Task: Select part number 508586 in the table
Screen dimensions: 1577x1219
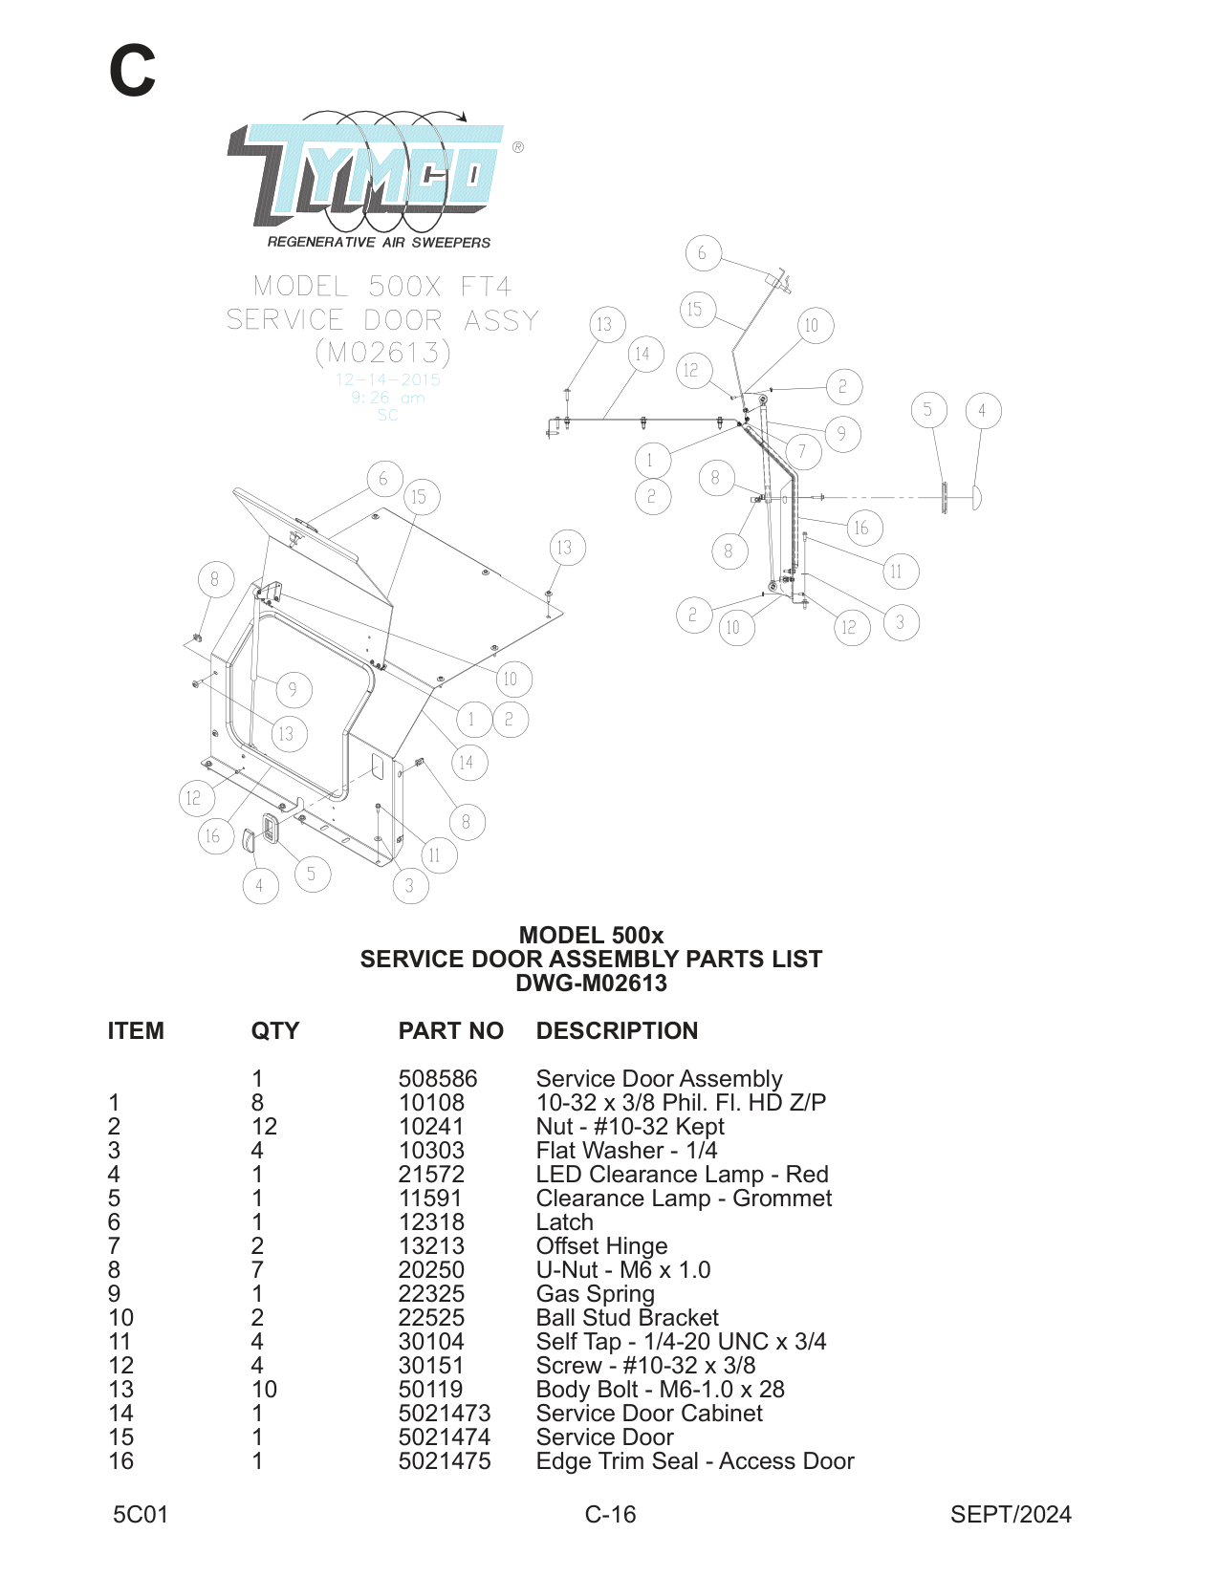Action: click(x=437, y=1079)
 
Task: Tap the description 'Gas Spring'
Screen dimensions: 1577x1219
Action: click(x=595, y=1294)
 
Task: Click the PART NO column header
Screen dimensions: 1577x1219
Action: click(x=450, y=1031)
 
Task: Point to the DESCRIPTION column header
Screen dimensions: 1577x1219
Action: click(x=617, y=1031)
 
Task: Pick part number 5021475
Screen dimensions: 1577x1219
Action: click(x=445, y=1461)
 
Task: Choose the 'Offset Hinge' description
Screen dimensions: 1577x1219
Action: click(x=601, y=1246)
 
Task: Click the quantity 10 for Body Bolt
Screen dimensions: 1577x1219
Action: click(x=264, y=1390)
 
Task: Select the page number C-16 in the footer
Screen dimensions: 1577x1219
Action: click(x=610, y=1515)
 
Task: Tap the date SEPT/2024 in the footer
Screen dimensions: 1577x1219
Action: click(x=1011, y=1515)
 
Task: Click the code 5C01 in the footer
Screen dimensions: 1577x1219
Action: click(x=141, y=1515)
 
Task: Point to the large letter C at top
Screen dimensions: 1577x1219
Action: click(x=132, y=71)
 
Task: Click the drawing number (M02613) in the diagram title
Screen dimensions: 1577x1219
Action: click(x=382, y=353)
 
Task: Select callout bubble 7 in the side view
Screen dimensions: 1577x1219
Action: click(x=802, y=451)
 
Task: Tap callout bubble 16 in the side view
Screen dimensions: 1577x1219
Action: click(x=861, y=528)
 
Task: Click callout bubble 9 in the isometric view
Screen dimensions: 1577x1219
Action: click(x=293, y=689)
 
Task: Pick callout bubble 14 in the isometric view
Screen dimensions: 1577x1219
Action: click(x=466, y=763)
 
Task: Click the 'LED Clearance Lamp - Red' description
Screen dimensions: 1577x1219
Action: click(x=682, y=1175)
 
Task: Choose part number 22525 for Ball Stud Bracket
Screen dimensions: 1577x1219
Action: click(x=431, y=1318)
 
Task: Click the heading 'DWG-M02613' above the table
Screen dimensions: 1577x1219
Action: click(x=591, y=983)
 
